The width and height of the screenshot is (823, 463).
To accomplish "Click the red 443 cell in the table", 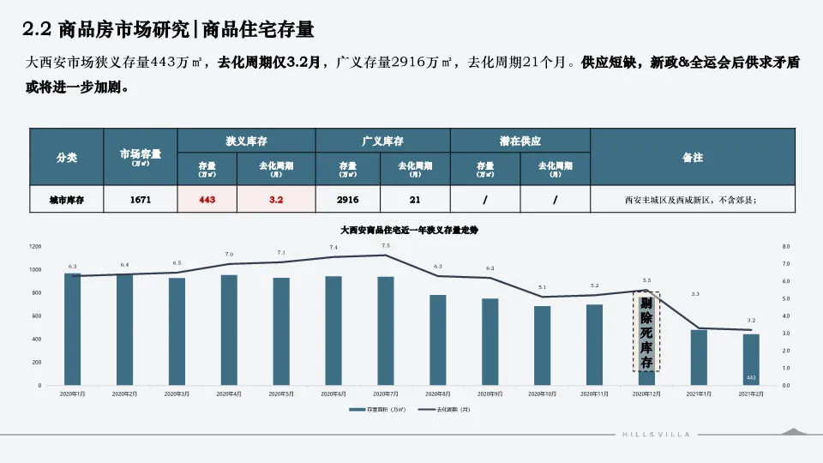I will [x=207, y=200].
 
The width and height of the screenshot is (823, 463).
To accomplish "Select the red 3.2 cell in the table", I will [x=276, y=200].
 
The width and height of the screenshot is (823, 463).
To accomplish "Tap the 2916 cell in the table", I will [x=348, y=200].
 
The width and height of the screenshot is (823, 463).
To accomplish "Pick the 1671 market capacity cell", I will [x=141, y=200].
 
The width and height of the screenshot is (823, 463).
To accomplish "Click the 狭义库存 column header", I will [x=246, y=141].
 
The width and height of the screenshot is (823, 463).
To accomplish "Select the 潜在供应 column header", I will [x=520, y=141].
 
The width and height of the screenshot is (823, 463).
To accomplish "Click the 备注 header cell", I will [x=693, y=157].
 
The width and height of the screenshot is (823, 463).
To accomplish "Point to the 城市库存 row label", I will [x=67, y=200].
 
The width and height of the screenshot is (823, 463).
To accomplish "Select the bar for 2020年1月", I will [x=73, y=329].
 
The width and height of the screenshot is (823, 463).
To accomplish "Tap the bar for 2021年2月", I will [x=751, y=359].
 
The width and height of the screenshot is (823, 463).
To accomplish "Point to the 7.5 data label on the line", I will [x=386, y=246].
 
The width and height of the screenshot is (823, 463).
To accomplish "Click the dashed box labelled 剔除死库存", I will [x=646, y=332].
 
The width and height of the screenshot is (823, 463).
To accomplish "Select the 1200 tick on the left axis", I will [x=35, y=247].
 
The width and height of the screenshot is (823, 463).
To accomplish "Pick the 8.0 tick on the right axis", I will [x=786, y=247].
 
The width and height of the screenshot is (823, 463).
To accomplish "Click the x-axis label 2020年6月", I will [x=333, y=394].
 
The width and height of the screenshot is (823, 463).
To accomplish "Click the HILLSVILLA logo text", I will [x=656, y=435].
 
